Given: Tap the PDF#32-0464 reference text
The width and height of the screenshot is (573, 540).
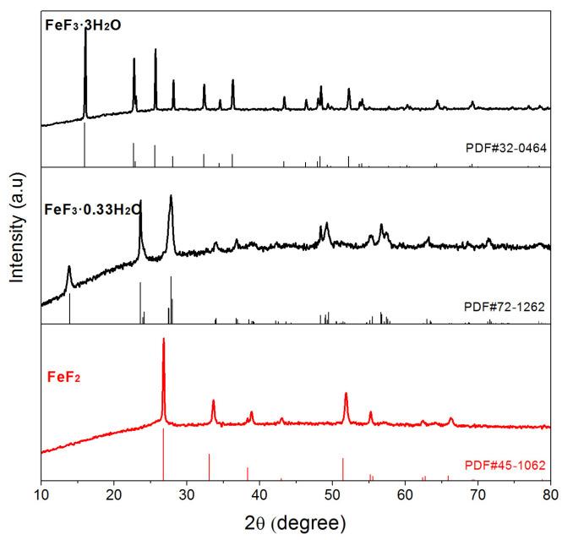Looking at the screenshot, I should pyautogui.click(x=506, y=149).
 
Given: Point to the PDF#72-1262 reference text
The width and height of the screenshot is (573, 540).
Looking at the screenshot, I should pyautogui.click(x=506, y=305).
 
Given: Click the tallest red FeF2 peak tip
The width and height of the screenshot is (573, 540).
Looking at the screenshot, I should pyautogui.click(x=163, y=339).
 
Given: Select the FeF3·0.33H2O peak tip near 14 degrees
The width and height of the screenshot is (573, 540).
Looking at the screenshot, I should pyautogui.click(x=69, y=267).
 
